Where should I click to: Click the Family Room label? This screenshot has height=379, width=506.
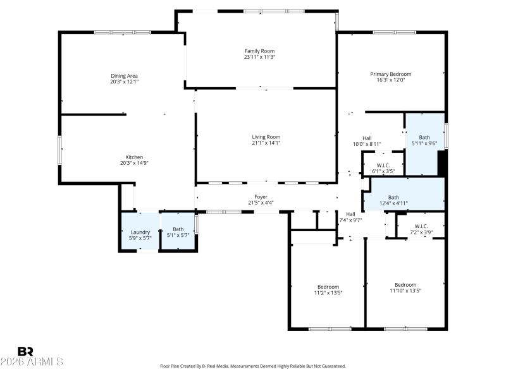[x=260, y=51]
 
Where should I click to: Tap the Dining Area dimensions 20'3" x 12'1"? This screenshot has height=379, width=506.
[x=124, y=81]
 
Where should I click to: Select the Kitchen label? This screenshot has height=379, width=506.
[x=134, y=157]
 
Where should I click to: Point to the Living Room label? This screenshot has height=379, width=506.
[x=266, y=136]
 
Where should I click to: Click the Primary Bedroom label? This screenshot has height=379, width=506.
[x=390, y=74]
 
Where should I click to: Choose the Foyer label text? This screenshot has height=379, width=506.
[x=261, y=196]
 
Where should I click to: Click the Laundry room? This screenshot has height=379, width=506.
[x=140, y=232]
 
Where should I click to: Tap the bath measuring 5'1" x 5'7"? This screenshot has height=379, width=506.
[x=178, y=232]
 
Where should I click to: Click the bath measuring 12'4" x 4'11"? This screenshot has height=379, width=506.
[x=393, y=200]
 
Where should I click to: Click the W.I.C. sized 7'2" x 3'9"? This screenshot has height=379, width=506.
[x=421, y=229]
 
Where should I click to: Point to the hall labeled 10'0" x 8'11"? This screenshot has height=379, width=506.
[x=367, y=141]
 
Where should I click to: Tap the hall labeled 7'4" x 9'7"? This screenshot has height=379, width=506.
[x=350, y=217]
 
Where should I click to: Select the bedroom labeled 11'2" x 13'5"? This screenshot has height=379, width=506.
[x=328, y=289]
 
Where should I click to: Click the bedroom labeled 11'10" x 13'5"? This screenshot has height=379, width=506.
[x=405, y=287]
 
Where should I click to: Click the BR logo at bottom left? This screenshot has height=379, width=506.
[x=25, y=351]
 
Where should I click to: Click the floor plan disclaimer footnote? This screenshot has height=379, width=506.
[x=252, y=366]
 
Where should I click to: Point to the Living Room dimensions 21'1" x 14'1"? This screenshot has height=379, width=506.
[x=266, y=143]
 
